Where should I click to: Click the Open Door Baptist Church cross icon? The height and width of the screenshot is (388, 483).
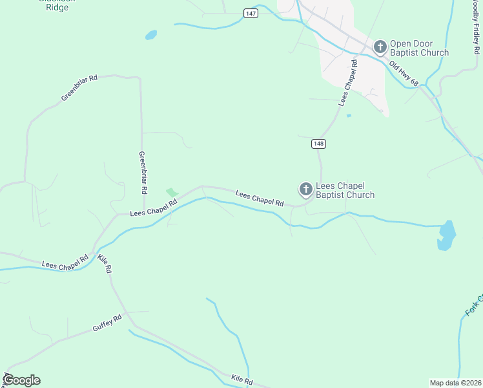380,47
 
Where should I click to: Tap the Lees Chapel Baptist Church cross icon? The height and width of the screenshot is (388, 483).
305,189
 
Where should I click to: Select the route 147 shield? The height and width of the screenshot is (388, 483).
251,13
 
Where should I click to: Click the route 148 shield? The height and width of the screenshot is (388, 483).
318,144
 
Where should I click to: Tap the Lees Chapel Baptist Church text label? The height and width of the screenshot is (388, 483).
345,190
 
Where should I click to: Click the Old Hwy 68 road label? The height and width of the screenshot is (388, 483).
404,74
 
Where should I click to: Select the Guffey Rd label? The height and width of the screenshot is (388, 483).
108,323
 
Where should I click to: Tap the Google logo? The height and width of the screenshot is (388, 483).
21,380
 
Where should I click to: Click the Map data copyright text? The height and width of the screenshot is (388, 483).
456,383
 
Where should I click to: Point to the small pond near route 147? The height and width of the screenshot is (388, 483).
151,35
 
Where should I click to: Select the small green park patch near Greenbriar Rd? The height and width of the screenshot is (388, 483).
172,193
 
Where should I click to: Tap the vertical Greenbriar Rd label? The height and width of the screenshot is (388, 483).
143,173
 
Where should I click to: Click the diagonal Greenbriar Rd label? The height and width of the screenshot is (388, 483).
79,87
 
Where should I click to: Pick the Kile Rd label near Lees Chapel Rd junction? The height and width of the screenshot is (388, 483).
105,263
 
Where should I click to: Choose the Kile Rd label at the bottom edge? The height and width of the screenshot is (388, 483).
241,380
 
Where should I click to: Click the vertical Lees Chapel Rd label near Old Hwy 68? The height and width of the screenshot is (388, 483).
347,83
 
